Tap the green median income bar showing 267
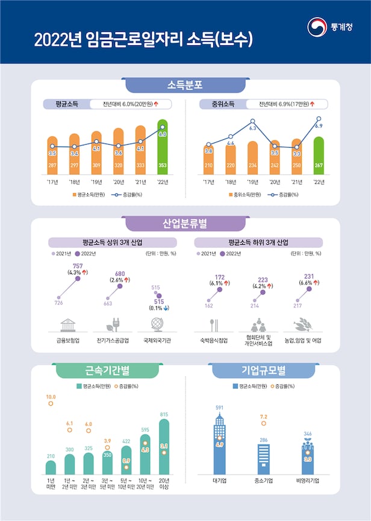point(319,156)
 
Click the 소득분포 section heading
point(185,85)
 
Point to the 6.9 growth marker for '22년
point(319,119)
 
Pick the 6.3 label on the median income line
point(253,128)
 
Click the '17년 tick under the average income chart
point(52,181)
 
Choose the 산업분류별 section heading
point(185,224)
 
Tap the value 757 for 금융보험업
point(77,266)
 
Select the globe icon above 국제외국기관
point(157,324)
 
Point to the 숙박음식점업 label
point(214,340)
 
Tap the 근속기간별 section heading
point(99,370)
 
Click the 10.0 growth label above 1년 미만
point(51,397)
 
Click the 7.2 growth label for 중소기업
point(263,417)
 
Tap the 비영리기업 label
point(307,481)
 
